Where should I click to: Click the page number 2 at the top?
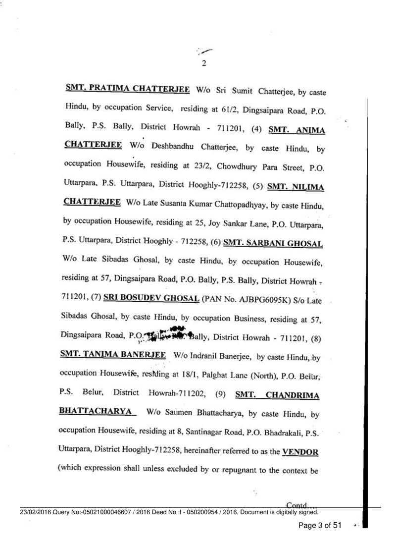(x=203, y=63)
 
